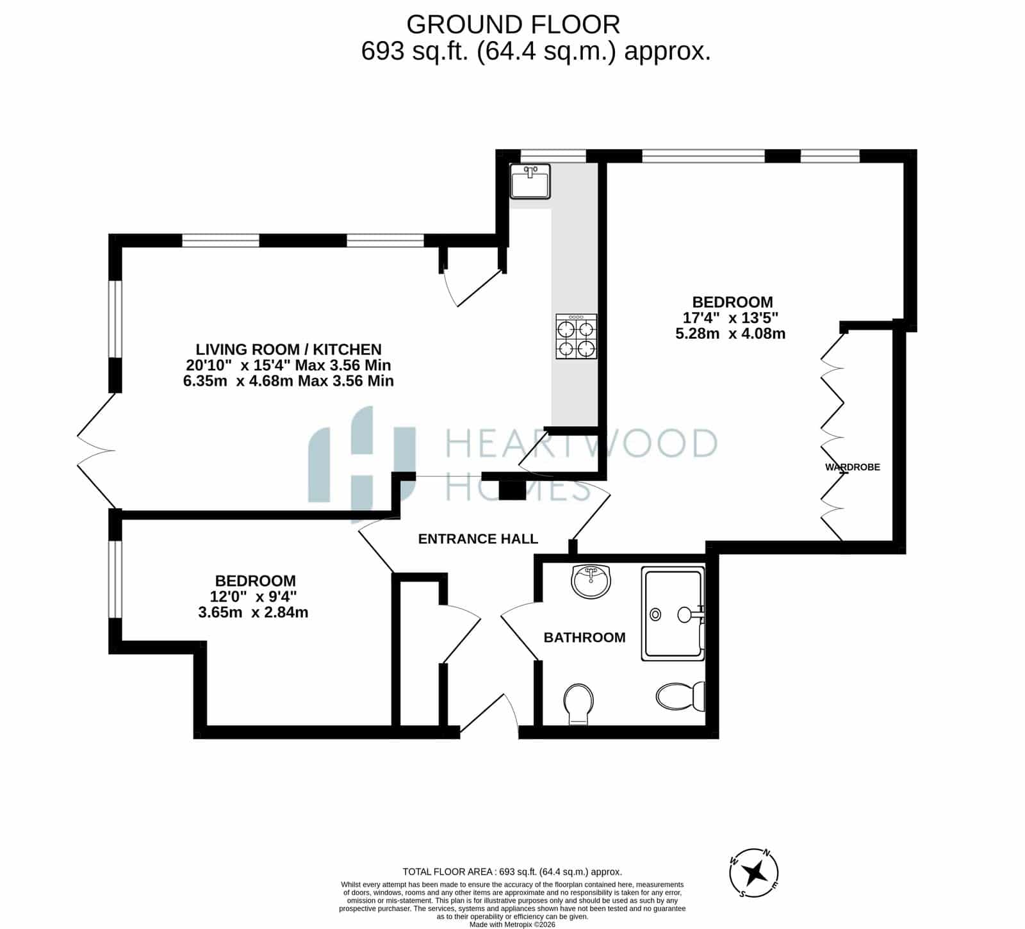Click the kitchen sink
(530, 181)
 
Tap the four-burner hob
(576, 336)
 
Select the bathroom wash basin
(591, 580)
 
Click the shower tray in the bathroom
(673, 614)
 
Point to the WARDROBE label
(853, 467)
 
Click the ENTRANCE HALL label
(478, 539)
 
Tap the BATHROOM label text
(584, 637)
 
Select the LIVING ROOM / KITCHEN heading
(288, 349)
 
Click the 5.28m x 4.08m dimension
(730, 333)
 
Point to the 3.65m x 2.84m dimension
(253, 612)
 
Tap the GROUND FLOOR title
(513, 24)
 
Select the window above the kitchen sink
(553, 155)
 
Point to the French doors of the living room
(96, 451)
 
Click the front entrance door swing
(489, 714)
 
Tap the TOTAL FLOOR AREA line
(512, 871)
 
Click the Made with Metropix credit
(512, 925)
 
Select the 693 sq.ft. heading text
(536, 51)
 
